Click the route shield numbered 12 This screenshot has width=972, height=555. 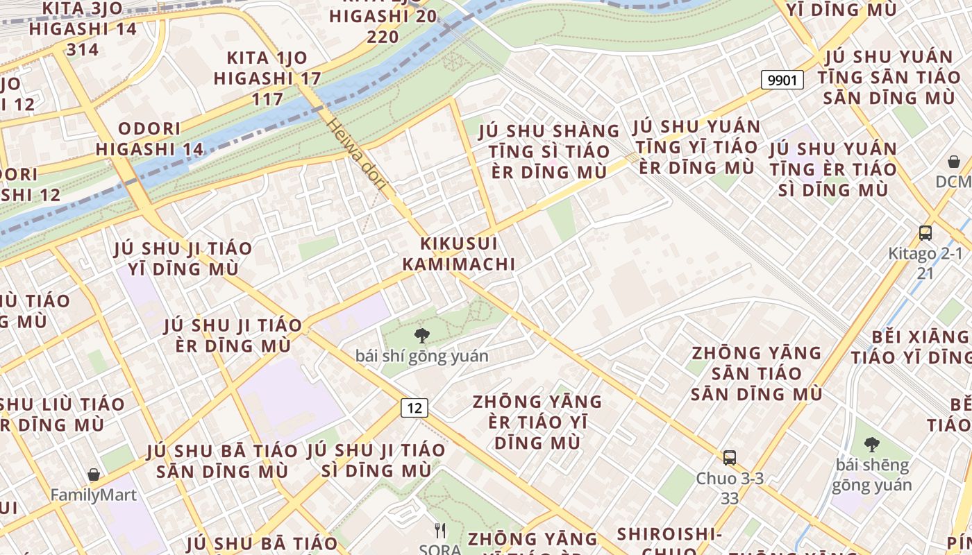click(x=414, y=408)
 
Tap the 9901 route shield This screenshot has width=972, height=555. click(x=782, y=80)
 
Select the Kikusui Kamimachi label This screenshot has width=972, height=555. click(x=459, y=254)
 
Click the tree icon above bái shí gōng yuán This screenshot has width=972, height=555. click(x=421, y=336)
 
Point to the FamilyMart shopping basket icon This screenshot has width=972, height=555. click(x=94, y=475)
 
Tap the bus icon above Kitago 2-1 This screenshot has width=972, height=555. click(x=925, y=233)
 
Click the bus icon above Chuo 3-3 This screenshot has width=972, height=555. click(x=729, y=458)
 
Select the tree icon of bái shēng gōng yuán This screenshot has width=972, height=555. click(x=871, y=445)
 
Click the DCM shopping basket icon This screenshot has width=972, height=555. click(x=954, y=162)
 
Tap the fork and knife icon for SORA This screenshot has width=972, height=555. click(x=439, y=531)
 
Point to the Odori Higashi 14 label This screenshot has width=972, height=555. click(x=149, y=139)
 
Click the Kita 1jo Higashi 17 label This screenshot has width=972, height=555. click(x=267, y=78)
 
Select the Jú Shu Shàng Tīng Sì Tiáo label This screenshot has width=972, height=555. click(x=549, y=151)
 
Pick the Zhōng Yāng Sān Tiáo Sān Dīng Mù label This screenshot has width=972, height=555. click(x=756, y=373)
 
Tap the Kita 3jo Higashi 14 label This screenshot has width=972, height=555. click(x=83, y=29)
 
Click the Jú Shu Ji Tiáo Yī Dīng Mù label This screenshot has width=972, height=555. click(x=183, y=258)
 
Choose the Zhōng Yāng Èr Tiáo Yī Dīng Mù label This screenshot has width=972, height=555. click(x=537, y=422)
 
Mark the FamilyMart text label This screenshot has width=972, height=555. click(x=94, y=495)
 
